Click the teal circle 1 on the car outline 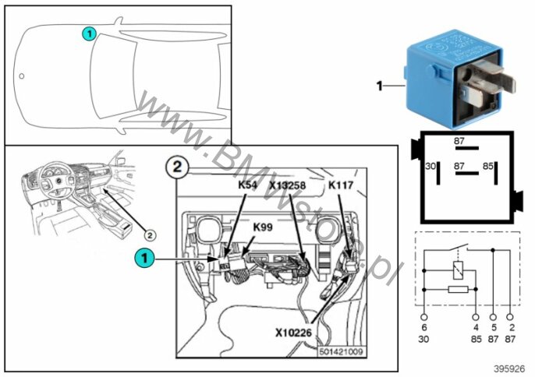point(90,33)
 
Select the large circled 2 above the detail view point(178,166)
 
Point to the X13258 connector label point(289,186)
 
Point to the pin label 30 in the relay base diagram point(429,166)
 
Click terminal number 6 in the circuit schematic point(423,329)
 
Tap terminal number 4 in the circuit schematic point(476,329)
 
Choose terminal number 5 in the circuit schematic point(493,329)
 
